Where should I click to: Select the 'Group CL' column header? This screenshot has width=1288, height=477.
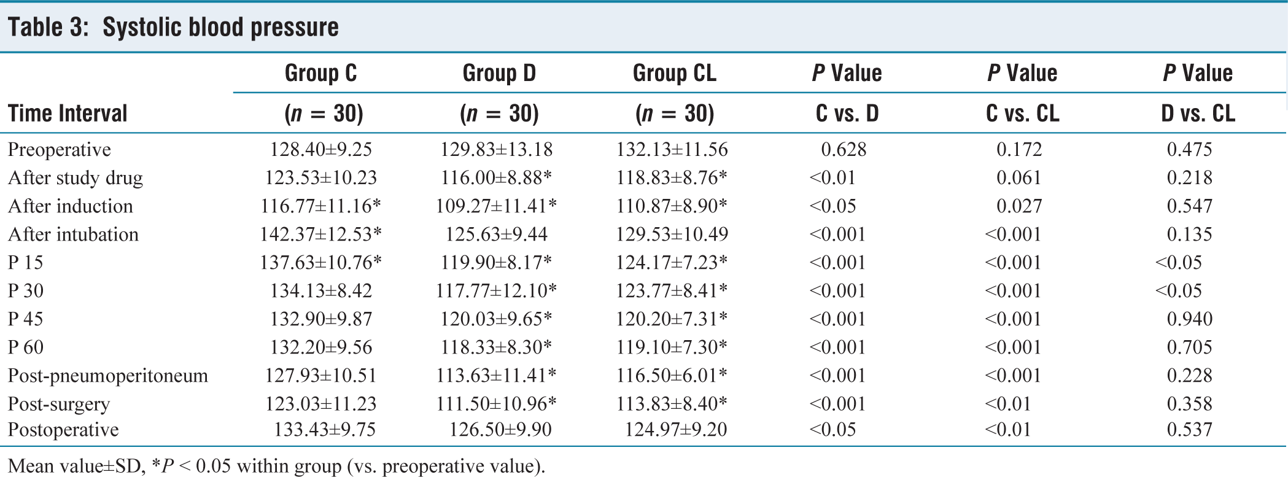click(674, 73)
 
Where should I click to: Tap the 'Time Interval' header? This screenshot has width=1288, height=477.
click(68, 114)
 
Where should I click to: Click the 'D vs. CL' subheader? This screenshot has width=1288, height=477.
click(1198, 114)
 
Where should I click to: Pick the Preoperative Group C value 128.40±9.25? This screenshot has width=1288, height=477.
click(321, 149)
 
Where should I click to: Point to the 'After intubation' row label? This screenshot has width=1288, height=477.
click(73, 234)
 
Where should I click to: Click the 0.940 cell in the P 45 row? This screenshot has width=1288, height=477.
click(1189, 319)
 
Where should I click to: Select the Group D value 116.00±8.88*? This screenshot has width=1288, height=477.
click(496, 177)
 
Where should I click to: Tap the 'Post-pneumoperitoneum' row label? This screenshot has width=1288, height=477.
click(108, 376)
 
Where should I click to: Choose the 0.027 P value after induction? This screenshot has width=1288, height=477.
click(1019, 206)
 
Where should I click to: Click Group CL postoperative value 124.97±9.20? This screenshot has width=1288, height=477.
click(676, 429)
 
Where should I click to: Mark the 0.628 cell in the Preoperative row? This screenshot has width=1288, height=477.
click(844, 149)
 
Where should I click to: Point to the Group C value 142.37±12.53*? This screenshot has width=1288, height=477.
click(320, 234)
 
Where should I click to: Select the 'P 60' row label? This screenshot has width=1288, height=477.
click(26, 347)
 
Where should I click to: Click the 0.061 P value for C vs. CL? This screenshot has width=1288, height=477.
click(1019, 177)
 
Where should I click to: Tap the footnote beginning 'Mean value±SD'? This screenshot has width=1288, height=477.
click(276, 466)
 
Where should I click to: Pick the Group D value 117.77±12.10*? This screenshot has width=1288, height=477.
click(496, 290)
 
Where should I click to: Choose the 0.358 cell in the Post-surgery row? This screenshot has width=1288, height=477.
click(1189, 403)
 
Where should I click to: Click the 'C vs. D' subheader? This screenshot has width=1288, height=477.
click(847, 114)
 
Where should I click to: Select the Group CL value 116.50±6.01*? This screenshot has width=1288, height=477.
click(672, 375)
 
